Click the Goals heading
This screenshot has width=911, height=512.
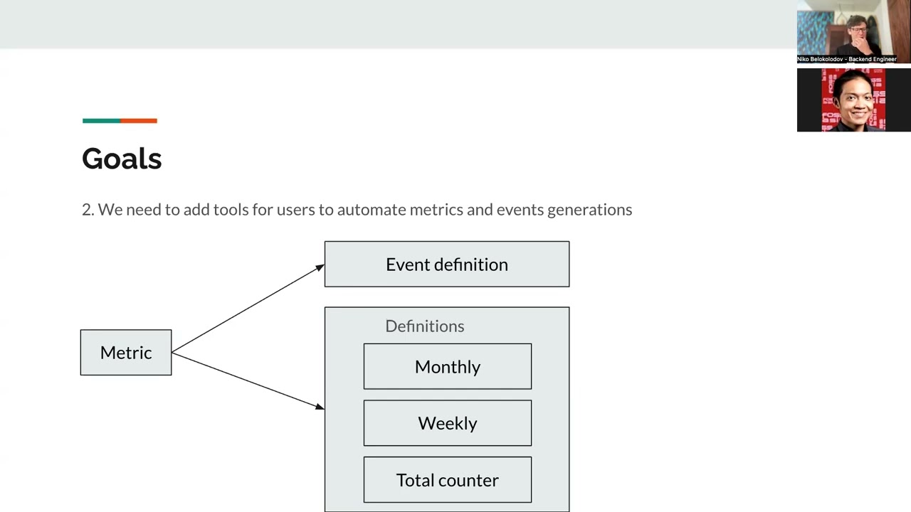[122, 159]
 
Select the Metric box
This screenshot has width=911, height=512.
[126, 353]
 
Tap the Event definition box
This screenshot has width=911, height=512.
[446, 265]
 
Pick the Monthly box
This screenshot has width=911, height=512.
[447, 367]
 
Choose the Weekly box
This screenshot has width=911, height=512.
[447, 424]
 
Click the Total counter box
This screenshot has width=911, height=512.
[447, 481]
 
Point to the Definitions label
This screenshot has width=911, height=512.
[424, 326]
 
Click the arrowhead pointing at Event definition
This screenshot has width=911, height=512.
[320, 267]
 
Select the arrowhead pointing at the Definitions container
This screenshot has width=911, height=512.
[320, 406]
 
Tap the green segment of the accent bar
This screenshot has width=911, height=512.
[101, 121]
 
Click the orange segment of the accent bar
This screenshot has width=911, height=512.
[139, 121]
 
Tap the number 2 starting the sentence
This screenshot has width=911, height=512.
[86, 210]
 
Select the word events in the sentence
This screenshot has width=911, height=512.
[520, 210]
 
